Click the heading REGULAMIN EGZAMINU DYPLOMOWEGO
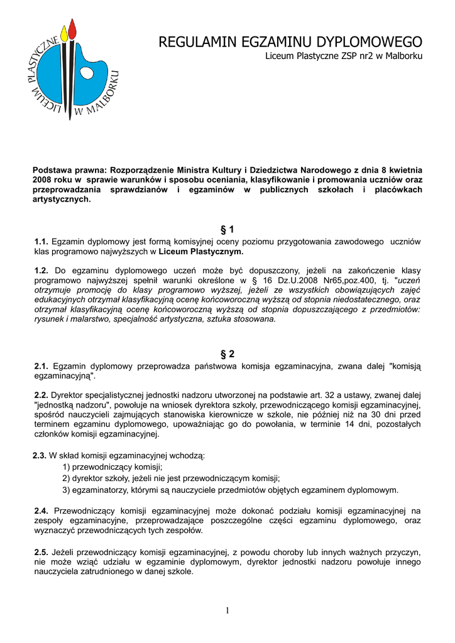(x=290, y=43)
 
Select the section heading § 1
(x=227, y=230)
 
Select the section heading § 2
(x=227, y=354)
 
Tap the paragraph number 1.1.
(x=41, y=242)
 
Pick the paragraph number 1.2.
(x=41, y=270)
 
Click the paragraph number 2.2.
(x=41, y=395)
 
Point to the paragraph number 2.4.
(x=41, y=511)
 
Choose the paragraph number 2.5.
(x=41, y=552)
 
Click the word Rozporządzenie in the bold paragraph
(x=142, y=170)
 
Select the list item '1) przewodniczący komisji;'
(x=112, y=467)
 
